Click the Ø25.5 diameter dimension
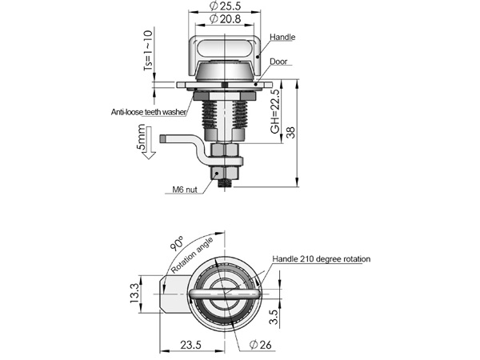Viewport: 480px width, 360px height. click(226, 6)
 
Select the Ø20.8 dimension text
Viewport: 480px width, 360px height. click(226, 19)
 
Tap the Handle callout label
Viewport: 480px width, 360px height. click(282, 37)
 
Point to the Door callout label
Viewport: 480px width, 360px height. click(278, 62)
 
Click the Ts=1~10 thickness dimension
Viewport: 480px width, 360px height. click(148, 50)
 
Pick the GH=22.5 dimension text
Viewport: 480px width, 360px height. click(275, 111)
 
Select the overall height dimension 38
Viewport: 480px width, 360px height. click(291, 132)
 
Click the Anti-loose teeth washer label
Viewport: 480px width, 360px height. click(149, 112)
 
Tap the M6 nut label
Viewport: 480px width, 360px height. click(185, 190)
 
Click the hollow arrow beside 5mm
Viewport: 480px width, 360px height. click(150, 143)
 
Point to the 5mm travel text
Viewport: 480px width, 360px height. click(141, 137)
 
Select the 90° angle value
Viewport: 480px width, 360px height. click(176, 243)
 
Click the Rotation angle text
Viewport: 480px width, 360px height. click(192, 256)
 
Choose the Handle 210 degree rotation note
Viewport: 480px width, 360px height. click(322, 259)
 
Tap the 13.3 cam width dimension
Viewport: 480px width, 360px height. click(134, 294)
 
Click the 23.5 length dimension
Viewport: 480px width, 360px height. click(190, 345)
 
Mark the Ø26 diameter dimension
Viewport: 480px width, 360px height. click(261, 345)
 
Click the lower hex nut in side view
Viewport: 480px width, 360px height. click(225, 173)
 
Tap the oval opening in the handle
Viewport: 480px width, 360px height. click(226, 48)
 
